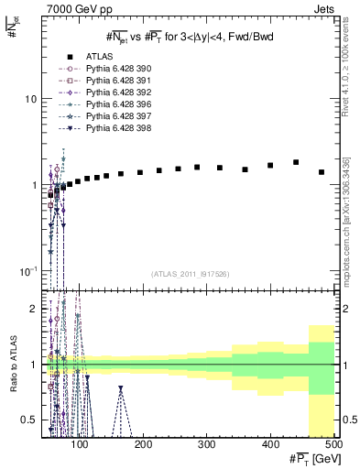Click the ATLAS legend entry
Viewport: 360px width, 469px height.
[98, 56]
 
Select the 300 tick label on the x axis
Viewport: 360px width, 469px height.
[207, 443]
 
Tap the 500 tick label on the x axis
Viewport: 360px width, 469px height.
[333, 443]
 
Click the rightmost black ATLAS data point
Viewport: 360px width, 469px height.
[321, 172]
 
